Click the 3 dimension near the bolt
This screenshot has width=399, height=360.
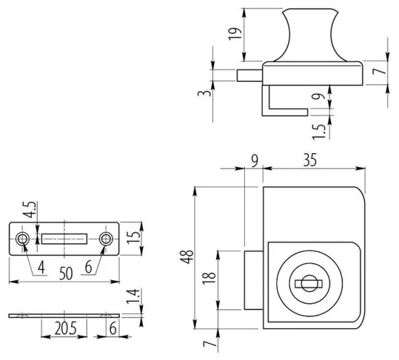207,93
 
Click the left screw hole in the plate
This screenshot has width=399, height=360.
23,238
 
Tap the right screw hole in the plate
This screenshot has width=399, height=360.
105,238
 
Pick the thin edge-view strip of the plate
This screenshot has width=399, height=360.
65,314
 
